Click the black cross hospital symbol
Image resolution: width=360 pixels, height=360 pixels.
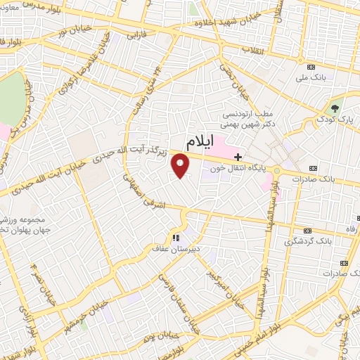pos(238,156)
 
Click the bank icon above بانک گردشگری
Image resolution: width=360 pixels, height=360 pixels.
pos(307,231)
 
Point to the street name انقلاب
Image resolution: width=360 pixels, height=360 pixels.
pos(252,51)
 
